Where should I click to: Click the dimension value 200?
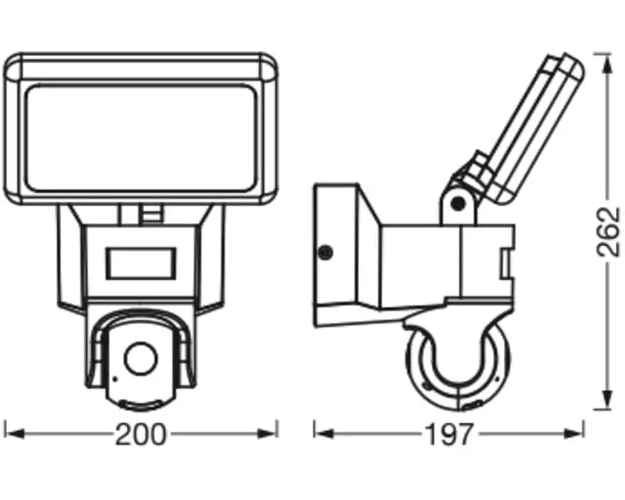click(x=141, y=435)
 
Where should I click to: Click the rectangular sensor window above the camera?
click(x=141, y=262)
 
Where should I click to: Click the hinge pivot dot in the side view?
click(x=458, y=205)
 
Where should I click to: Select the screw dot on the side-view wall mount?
click(x=325, y=251)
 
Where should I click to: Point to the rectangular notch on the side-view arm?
click(x=504, y=263)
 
